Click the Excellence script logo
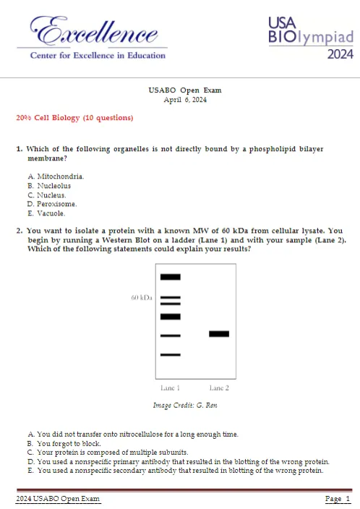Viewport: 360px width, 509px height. (x=94, y=31)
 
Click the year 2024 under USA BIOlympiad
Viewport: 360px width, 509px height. (x=340, y=54)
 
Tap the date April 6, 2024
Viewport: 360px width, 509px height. (x=185, y=100)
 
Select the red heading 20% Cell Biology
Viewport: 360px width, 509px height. (x=74, y=118)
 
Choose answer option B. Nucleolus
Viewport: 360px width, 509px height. (x=49, y=186)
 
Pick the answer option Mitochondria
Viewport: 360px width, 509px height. (x=56, y=176)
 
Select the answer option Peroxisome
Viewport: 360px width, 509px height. (x=52, y=204)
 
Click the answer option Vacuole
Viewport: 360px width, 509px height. (x=46, y=213)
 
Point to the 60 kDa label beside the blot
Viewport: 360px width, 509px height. (x=142, y=298)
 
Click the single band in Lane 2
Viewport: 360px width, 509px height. (x=219, y=334)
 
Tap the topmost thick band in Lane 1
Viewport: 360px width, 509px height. (x=171, y=277)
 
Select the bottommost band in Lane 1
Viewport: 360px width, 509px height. (x=171, y=355)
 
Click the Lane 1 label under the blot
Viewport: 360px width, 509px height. (x=170, y=388)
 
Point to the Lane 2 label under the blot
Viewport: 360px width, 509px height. (x=219, y=388)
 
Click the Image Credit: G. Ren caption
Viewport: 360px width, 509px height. (x=185, y=405)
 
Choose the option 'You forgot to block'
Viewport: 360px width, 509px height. (x=64, y=443)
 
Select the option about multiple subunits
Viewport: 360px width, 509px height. (x=108, y=452)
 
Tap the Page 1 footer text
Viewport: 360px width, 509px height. (x=338, y=499)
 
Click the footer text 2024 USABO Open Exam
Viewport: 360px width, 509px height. (x=58, y=499)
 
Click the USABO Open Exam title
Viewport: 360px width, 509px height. (x=185, y=90)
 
